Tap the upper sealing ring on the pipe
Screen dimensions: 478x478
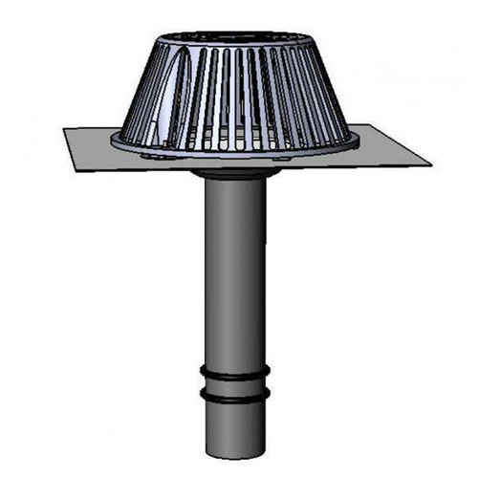[234, 371]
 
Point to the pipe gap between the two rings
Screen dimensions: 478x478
[234, 381]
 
